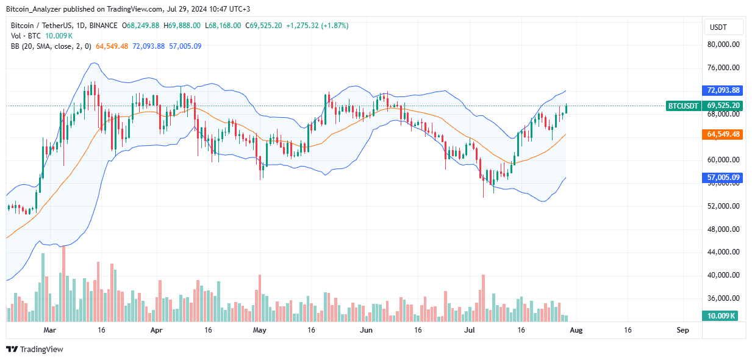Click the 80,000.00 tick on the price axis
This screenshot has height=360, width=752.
coord(723,45)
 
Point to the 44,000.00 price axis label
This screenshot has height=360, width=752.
coord(723,252)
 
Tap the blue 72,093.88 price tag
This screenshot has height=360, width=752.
coord(723,90)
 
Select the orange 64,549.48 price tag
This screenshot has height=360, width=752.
coord(723,134)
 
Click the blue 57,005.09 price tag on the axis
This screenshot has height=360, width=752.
coord(723,178)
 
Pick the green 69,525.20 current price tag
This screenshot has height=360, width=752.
coord(723,106)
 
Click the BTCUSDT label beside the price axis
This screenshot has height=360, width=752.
coord(684,106)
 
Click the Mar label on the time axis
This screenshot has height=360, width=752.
coord(51,329)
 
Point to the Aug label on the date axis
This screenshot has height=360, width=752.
coord(575,329)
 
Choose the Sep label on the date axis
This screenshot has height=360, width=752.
coord(682,329)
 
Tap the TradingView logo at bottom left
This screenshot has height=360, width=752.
coord(35,349)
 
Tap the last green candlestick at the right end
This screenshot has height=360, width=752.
coord(566,108)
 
